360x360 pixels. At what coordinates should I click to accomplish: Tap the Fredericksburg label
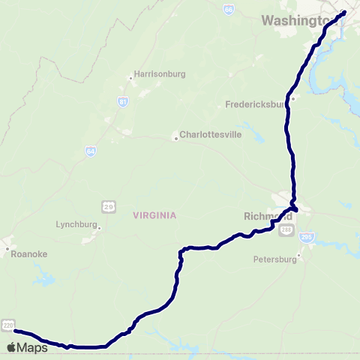(258, 105)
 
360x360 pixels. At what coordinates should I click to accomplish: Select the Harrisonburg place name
(154, 74)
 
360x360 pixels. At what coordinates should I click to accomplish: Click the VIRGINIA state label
(154, 214)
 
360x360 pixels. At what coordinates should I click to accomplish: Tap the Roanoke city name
(30, 253)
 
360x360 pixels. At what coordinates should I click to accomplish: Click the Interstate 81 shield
(122, 100)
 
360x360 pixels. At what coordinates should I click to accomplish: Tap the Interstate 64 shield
(90, 151)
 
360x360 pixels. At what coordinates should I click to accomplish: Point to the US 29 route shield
(108, 205)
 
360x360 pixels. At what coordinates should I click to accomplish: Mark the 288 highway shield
(286, 232)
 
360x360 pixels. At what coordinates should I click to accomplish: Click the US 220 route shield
(8, 323)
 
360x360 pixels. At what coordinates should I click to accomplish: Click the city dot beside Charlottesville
(175, 137)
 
